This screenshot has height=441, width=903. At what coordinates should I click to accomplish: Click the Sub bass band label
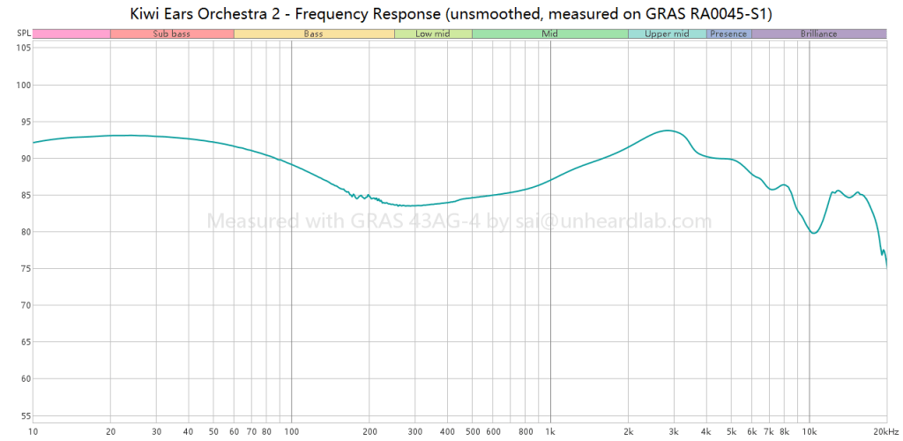[171, 34]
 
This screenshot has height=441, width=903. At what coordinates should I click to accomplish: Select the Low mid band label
[432, 34]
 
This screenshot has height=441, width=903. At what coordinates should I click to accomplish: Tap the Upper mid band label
[667, 34]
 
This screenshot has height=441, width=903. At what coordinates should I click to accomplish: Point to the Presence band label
[728, 34]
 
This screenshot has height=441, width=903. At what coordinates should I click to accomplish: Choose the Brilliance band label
[818, 34]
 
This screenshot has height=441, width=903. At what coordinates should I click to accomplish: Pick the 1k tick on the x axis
[550, 431]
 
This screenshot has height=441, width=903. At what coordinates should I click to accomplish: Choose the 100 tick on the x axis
[291, 431]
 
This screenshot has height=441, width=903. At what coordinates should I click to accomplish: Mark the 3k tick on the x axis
[674, 431]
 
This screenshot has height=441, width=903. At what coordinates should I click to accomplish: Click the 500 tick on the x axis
[472, 431]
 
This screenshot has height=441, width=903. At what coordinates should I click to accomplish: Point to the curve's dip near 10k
[813, 233]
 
